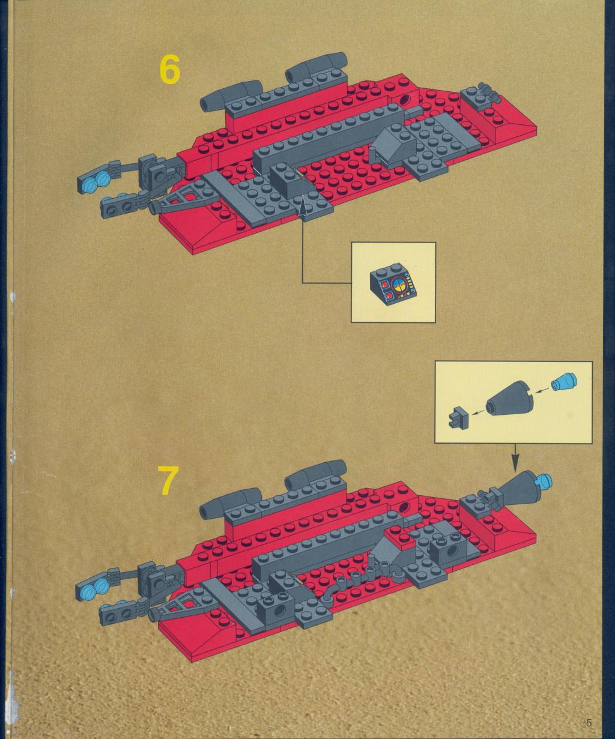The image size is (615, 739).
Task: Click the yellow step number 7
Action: (x=168, y=480)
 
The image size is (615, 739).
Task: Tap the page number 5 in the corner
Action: (x=589, y=723)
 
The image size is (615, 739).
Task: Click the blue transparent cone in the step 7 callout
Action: (x=565, y=383)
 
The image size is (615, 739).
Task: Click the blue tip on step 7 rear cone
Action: (x=543, y=480)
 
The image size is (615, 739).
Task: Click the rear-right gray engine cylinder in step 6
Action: (x=316, y=67)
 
